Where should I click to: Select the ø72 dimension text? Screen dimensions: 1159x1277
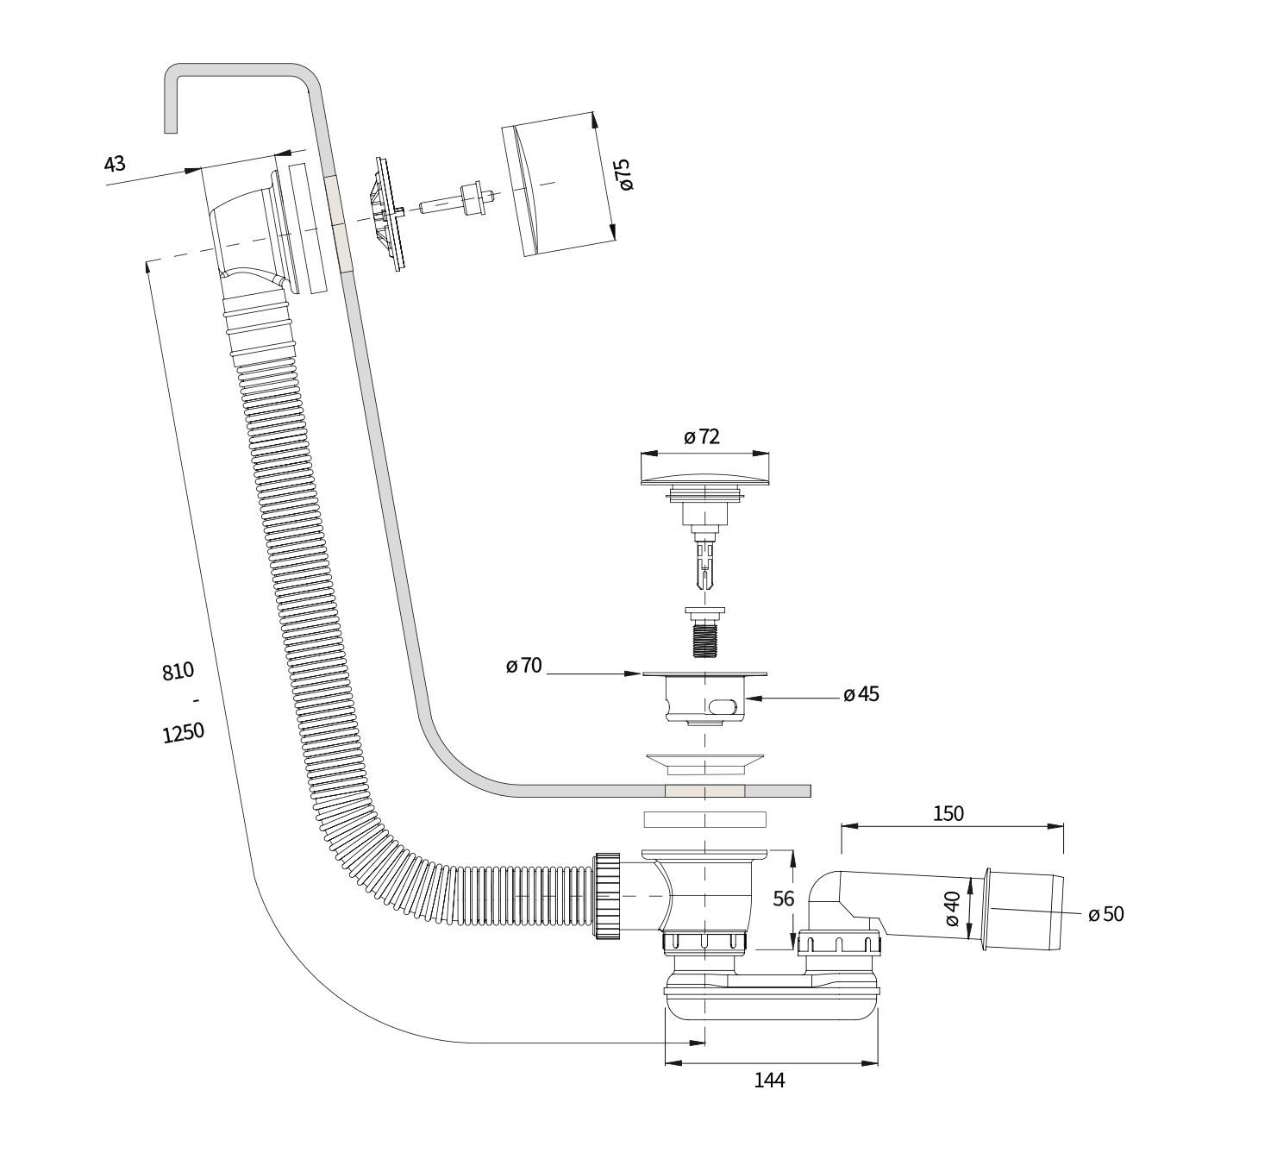click(x=702, y=436)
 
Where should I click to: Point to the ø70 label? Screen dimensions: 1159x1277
click(x=524, y=665)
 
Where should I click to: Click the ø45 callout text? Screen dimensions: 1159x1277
click(x=861, y=694)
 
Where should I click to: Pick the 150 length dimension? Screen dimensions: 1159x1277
click(x=948, y=812)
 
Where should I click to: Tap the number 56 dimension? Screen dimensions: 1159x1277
click(x=783, y=899)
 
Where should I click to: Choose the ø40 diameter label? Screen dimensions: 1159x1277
click(x=952, y=909)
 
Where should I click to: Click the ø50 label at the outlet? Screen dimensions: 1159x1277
click(x=1106, y=914)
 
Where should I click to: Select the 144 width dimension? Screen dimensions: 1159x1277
click(x=769, y=1080)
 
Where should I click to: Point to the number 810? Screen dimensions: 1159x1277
click(x=178, y=670)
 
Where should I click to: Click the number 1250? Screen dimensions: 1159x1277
click(x=183, y=733)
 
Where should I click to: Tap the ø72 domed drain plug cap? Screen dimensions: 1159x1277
click(x=704, y=473)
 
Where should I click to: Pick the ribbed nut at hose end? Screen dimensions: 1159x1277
click(x=607, y=896)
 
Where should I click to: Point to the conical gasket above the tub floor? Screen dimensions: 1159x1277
click(x=704, y=762)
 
